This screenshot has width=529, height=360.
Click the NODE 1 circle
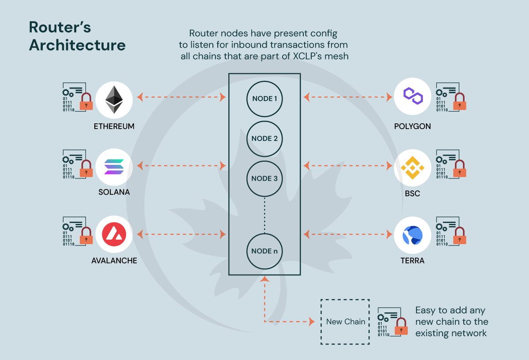click(x=264, y=99)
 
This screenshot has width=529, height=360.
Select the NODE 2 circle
click(x=264, y=138)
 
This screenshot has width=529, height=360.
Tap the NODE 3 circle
click(x=264, y=178)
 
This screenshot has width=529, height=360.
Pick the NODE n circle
click(x=264, y=251)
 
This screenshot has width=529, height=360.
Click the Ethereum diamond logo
click(x=114, y=99)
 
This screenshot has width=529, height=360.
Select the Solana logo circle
click(x=114, y=166)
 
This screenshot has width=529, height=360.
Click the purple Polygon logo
click(x=412, y=96)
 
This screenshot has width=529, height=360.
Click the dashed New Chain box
click(x=345, y=322)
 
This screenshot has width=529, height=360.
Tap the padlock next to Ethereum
click(x=86, y=102)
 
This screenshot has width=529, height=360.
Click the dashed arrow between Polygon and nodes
click(x=348, y=96)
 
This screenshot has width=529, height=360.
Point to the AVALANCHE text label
click(x=114, y=261)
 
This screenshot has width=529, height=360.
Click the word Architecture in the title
click(x=77, y=45)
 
